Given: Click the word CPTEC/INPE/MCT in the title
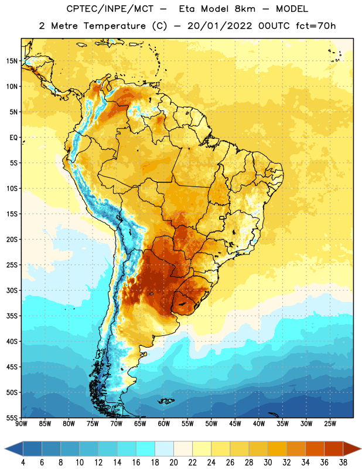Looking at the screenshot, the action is coord(110,9).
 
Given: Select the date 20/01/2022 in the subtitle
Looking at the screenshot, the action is coord(220,26).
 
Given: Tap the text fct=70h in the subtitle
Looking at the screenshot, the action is coord(316,26).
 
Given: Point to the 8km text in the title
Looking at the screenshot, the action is coord(245,9).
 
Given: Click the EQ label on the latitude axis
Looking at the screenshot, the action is coord(13,138).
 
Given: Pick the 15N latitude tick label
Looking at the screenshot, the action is coord(12,61).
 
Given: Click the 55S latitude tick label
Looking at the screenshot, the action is coord(12,417).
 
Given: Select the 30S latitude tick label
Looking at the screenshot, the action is coord(12,290).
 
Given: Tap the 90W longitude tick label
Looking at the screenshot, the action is coord(22,424).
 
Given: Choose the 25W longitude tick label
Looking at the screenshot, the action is coord(330,424).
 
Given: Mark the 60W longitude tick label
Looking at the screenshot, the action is coord(164,424).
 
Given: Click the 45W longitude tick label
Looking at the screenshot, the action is coord(235,424).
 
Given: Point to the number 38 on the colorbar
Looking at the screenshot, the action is coord(343,463).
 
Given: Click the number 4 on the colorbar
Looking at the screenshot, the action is coord(23,463).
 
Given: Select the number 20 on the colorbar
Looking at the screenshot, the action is coord(173,463).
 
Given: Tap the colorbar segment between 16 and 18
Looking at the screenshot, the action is coord(146,448).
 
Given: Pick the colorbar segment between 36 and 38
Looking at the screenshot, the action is coord(334,448).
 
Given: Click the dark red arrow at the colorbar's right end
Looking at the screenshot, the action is coord(351,448).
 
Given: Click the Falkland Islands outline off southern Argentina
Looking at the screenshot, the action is coord(166,401).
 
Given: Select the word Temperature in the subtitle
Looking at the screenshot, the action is coord(114,26).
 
